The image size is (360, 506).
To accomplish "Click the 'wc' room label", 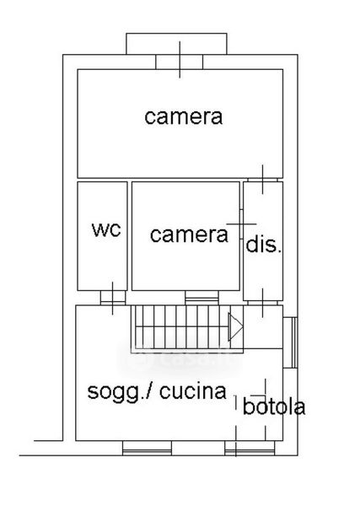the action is [106, 229].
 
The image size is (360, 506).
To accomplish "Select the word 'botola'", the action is [274, 406].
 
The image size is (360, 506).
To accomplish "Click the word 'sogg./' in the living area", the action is [119, 392].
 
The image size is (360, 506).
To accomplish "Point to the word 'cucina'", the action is [193, 391].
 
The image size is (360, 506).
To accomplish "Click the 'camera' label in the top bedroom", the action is [183, 117].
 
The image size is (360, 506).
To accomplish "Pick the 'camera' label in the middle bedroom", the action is [189, 234].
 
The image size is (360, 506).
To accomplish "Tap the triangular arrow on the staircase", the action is [235, 326].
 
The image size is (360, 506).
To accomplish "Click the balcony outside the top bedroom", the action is [176, 44].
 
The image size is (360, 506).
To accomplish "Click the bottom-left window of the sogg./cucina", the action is [147, 448].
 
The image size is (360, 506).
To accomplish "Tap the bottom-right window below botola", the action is [250, 448].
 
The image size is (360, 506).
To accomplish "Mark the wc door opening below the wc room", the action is [113, 298].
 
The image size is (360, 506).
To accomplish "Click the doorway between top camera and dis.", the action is [262, 180].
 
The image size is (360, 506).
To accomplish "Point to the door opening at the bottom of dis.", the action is [262, 303].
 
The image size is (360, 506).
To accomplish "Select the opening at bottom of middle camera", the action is [202, 298].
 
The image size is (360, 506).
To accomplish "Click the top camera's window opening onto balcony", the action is [180, 62].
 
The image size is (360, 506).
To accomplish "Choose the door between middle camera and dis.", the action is [241, 224].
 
